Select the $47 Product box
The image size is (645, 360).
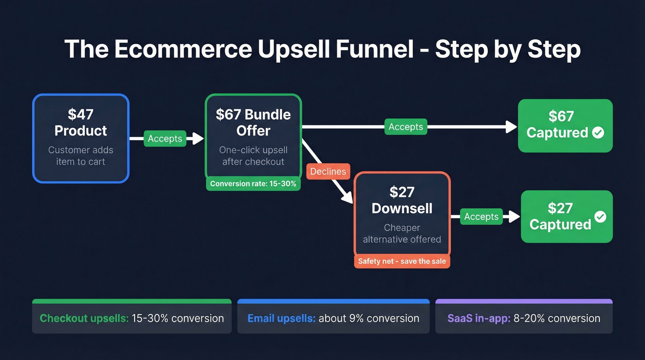point(81,138)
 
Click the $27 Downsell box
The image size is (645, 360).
point(402,214)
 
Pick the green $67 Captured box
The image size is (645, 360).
point(565,125)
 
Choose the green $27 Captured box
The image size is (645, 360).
point(566,216)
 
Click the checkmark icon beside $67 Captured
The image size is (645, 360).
point(598,133)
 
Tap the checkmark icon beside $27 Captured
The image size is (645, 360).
point(600,216)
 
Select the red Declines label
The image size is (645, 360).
point(328,171)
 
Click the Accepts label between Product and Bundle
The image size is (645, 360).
point(165,139)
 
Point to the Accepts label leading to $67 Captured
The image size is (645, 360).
point(406,127)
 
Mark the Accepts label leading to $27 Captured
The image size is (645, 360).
point(481,217)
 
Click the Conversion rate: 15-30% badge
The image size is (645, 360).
point(253,184)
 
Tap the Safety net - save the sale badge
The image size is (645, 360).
point(402,261)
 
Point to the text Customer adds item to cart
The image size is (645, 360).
point(81,156)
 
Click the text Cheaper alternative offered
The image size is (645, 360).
point(402,234)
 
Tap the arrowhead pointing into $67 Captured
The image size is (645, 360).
point(511,127)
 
